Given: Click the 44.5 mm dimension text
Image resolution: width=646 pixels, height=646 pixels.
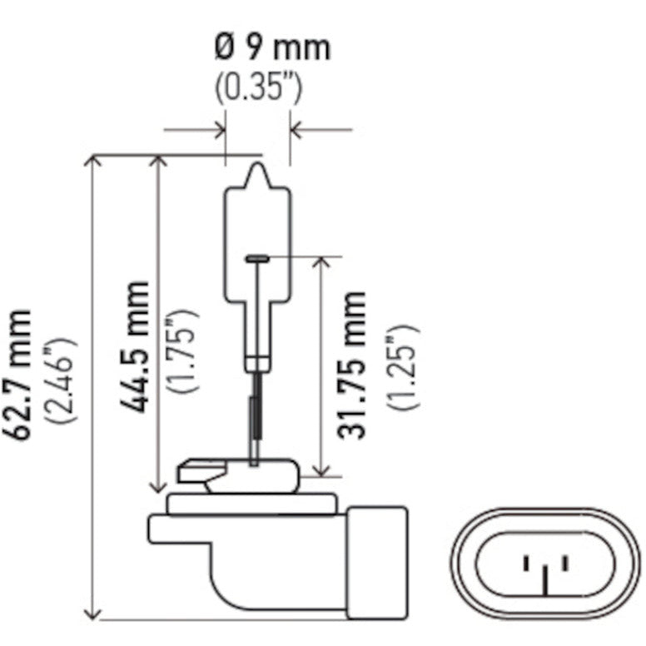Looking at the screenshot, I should pyautogui.click(x=134, y=347).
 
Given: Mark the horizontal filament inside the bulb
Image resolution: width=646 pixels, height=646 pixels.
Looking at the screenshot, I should pyautogui.click(x=257, y=259).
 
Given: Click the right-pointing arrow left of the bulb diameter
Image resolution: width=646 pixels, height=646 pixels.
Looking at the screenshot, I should pyautogui.click(x=219, y=130).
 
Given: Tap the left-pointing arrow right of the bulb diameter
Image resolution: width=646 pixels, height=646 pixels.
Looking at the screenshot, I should pyautogui.click(x=296, y=130).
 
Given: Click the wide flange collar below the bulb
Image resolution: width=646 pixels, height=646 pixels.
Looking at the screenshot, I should pyautogui.click(x=251, y=503).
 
